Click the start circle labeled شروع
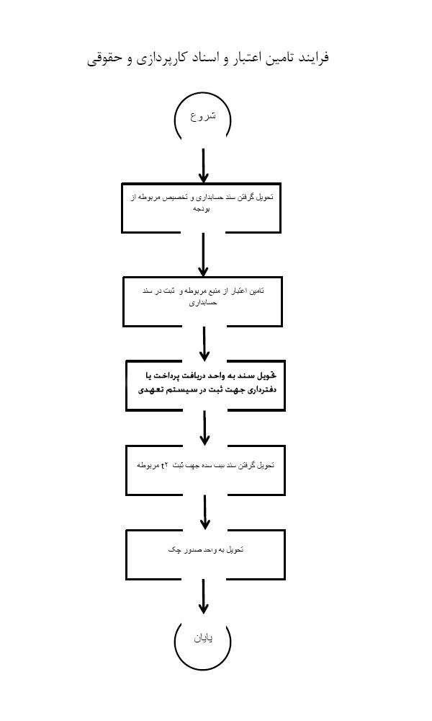(x=202, y=117)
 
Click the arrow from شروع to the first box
(x=203, y=166)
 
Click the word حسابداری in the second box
(x=204, y=303)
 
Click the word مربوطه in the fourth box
(x=150, y=466)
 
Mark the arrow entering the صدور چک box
(x=205, y=512)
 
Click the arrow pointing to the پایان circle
(x=204, y=597)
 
